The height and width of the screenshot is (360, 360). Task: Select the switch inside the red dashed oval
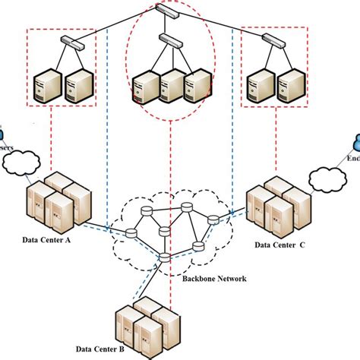pos(169,39)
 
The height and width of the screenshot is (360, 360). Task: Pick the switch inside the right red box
pos(278,43)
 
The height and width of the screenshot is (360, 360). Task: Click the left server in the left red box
pos(48,87)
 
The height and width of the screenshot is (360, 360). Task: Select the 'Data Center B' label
pos(140,350)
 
